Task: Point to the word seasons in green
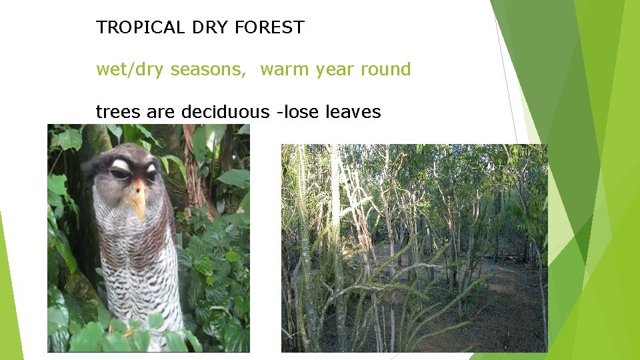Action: click(x=208, y=70)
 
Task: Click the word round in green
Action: click(x=387, y=69)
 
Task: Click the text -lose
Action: click(x=298, y=112)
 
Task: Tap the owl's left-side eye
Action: click(x=119, y=174)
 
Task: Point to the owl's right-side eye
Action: click(x=151, y=175)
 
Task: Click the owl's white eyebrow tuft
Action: click(x=121, y=163)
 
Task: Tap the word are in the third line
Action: click(x=159, y=112)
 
